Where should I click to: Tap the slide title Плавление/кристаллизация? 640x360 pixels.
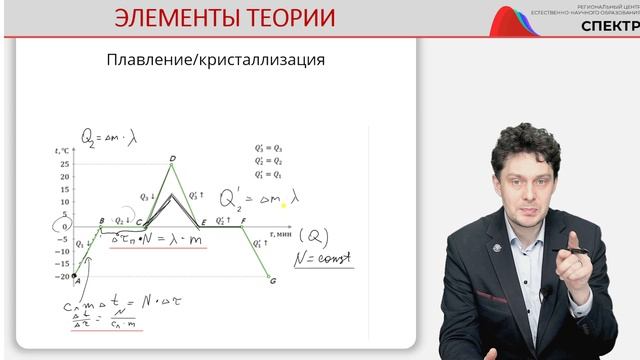point(215,60)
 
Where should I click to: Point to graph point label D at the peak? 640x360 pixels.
point(172,158)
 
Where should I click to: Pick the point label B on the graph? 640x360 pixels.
point(101,220)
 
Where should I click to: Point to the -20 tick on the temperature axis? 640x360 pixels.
point(63,276)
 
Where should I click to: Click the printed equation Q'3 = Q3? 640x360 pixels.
point(268,147)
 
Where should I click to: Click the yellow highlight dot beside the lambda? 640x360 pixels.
point(283,205)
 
